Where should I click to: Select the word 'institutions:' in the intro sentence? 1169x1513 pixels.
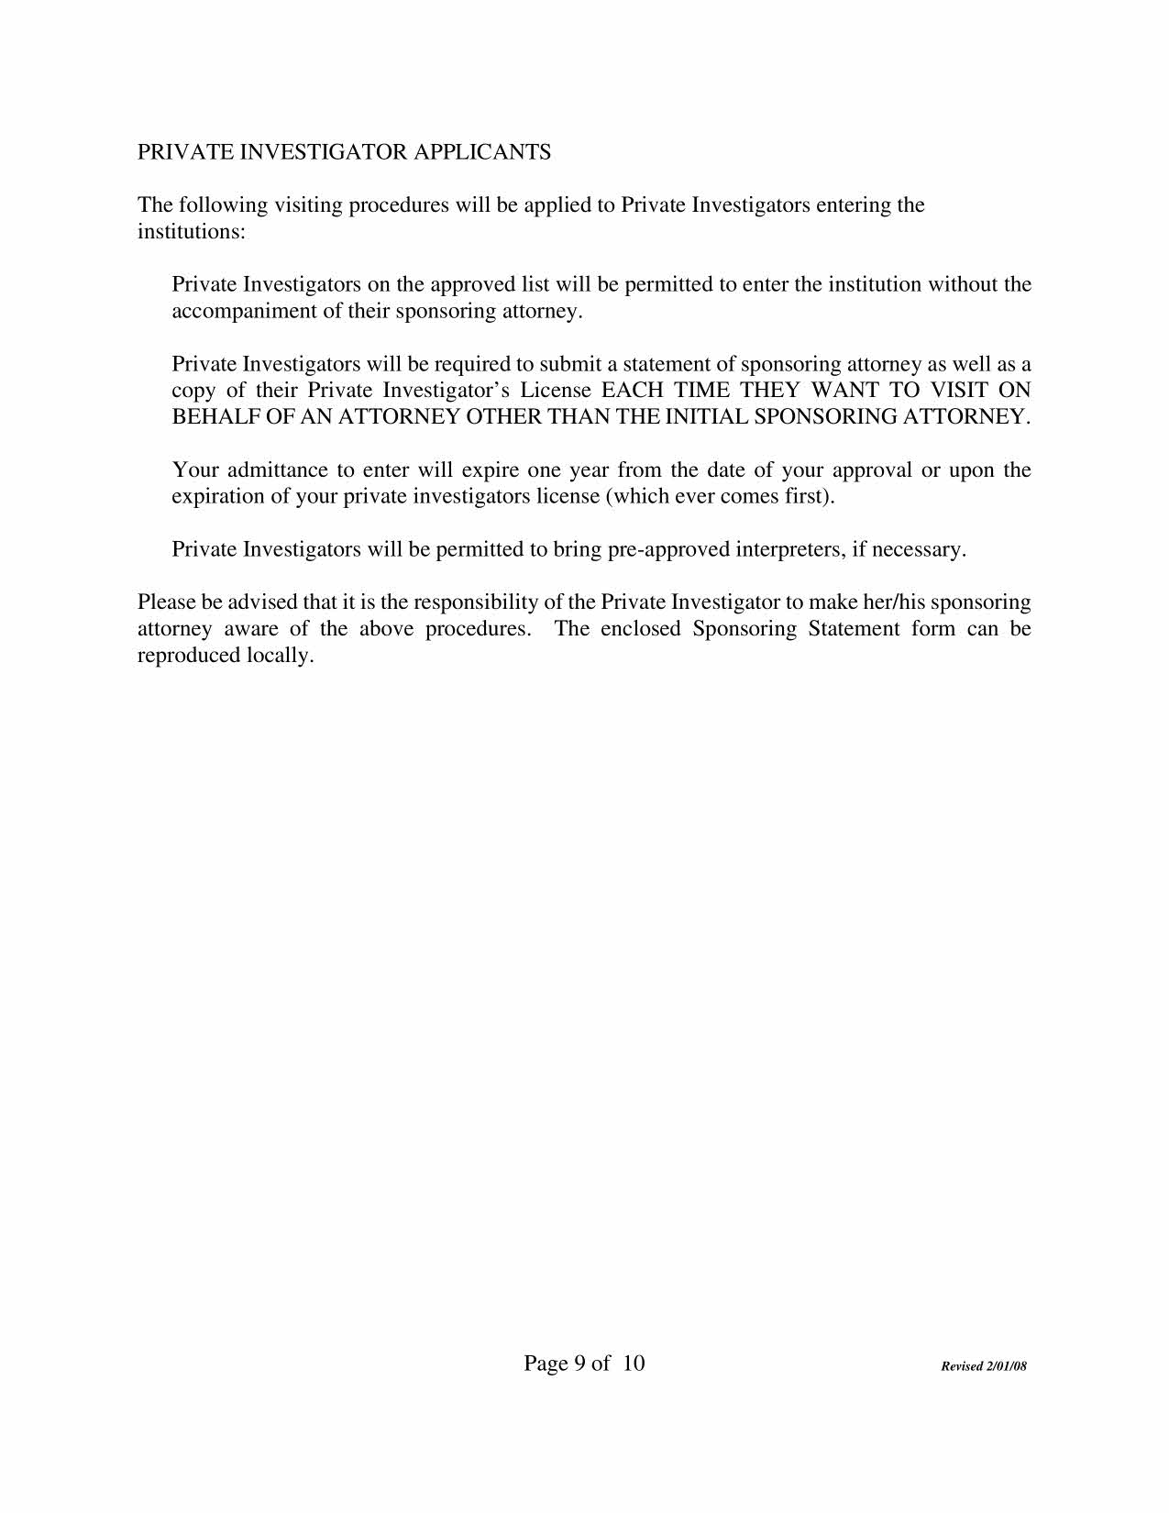(192, 231)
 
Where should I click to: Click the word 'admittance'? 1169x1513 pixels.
(277, 470)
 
